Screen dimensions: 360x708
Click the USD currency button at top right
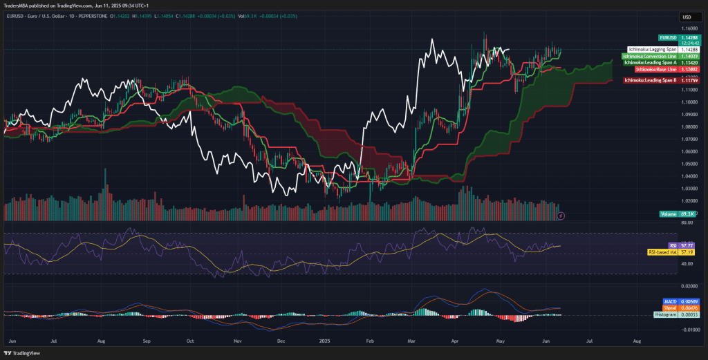[x=687, y=17]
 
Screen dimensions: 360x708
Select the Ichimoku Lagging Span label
[x=653, y=50]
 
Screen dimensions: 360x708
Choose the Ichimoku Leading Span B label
[x=651, y=81]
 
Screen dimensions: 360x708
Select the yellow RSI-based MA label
[x=662, y=252]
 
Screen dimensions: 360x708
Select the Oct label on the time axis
[x=189, y=341]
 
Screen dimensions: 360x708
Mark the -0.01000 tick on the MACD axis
[x=689, y=329]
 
